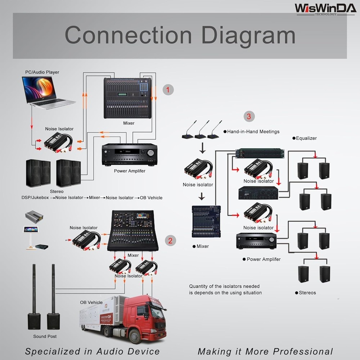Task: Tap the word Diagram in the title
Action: click(x=248, y=35)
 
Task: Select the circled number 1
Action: click(x=168, y=90)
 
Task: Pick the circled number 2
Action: click(x=170, y=240)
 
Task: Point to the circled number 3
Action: click(x=249, y=116)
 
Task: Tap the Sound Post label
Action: click(x=45, y=336)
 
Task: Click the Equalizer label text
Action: click(x=306, y=138)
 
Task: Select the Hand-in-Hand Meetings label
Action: click(x=253, y=132)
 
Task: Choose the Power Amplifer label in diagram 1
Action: click(x=130, y=171)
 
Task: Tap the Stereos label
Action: click(x=307, y=293)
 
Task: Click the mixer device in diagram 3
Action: click(x=206, y=221)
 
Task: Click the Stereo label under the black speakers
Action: click(x=57, y=192)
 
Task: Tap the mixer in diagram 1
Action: click(x=127, y=98)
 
